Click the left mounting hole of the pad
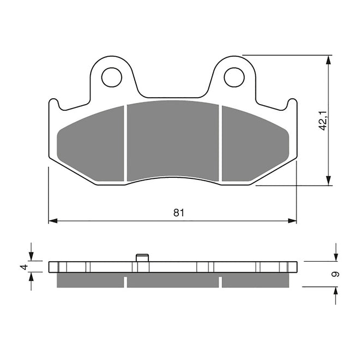pyautogui.click(x=112, y=77)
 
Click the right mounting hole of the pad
pyautogui.click(x=234, y=77)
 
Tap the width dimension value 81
pyautogui.click(x=178, y=213)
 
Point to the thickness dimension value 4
pyautogui.click(x=23, y=267)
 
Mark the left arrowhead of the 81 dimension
pyautogui.click(x=52, y=221)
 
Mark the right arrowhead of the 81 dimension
pyautogui.click(x=293, y=221)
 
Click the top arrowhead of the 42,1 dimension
pyautogui.click(x=328, y=59)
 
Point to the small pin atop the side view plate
pyautogui.click(x=142, y=257)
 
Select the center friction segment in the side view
pyautogui.click(x=173, y=280)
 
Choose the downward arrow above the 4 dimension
pyautogui.click(x=31, y=256)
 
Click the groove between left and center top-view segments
pyautogui.click(x=126, y=143)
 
